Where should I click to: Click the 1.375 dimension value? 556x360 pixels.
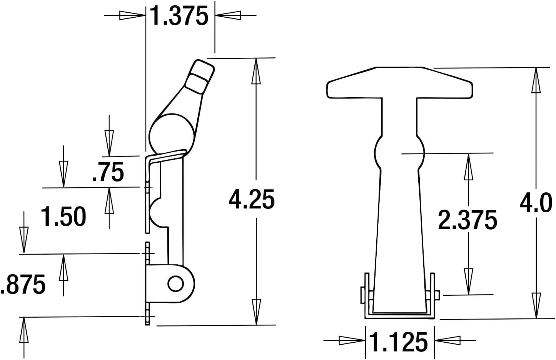(x=179, y=16)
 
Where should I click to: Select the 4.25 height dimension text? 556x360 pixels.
(x=252, y=200)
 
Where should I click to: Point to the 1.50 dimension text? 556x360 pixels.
(x=64, y=217)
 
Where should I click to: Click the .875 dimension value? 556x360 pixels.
(x=23, y=285)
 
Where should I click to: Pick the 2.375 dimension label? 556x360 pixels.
(x=468, y=220)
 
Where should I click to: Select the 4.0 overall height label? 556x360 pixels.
(x=536, y=203)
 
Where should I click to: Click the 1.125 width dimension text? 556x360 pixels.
(x=399, y=342)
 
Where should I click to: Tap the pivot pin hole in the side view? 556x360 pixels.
(x=175, y=284)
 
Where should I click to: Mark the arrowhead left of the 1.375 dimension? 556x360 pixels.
(x=131, y=15)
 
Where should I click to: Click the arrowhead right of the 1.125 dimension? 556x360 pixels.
(x=448, y=340)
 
